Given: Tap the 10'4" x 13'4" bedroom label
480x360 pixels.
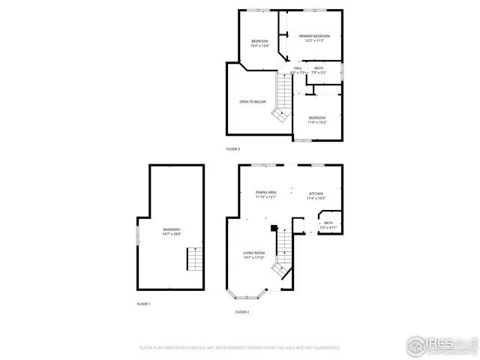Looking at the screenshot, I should tap(259, 43).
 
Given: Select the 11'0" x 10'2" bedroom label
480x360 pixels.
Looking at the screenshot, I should tap(317, 119).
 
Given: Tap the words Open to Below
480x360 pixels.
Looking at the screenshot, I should tap(253, 101).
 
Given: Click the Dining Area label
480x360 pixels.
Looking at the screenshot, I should tap(266, 194).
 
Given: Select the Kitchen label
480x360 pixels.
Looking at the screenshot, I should tap(316, 196).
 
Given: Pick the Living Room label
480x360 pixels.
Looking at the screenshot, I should tap(253, 255).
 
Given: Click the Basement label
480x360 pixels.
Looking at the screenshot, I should tap(172, 231).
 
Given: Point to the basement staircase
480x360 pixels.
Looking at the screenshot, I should tap(194, 259).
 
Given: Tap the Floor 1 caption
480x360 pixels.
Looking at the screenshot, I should tap(143, 304).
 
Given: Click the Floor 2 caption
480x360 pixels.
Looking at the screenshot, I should tap(241, 311).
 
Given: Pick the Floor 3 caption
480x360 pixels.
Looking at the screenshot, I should tap(232, 149).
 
